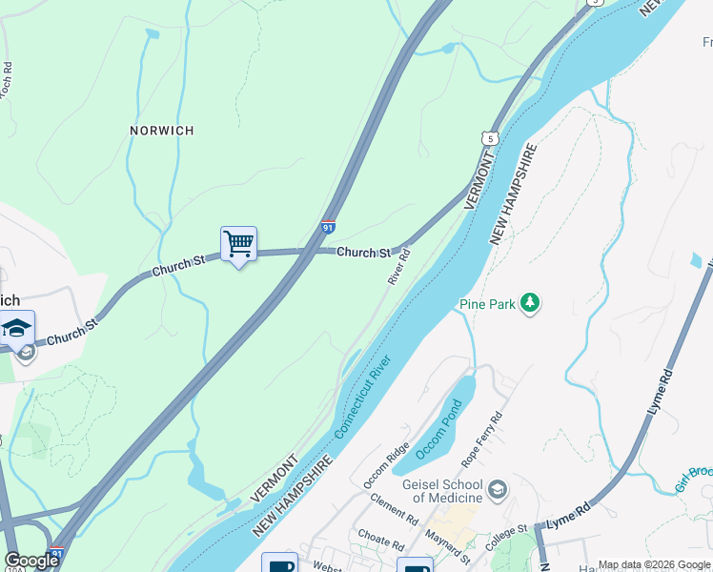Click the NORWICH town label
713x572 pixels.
[x=162, y=130]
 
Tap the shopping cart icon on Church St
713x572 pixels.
[x=238, y=245]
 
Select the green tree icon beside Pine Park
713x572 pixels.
[x=530, y=304]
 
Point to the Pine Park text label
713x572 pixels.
[x=486, y=304]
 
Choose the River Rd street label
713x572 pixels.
[x=399, y=266]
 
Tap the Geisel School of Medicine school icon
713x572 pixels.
[x=496, y=491]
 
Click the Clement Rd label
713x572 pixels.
[x=392, y=509]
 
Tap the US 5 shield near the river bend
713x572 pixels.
[x=490, y=139]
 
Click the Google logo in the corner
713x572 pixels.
[x=31, y=561]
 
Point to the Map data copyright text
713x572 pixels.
[x=655, y=564]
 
